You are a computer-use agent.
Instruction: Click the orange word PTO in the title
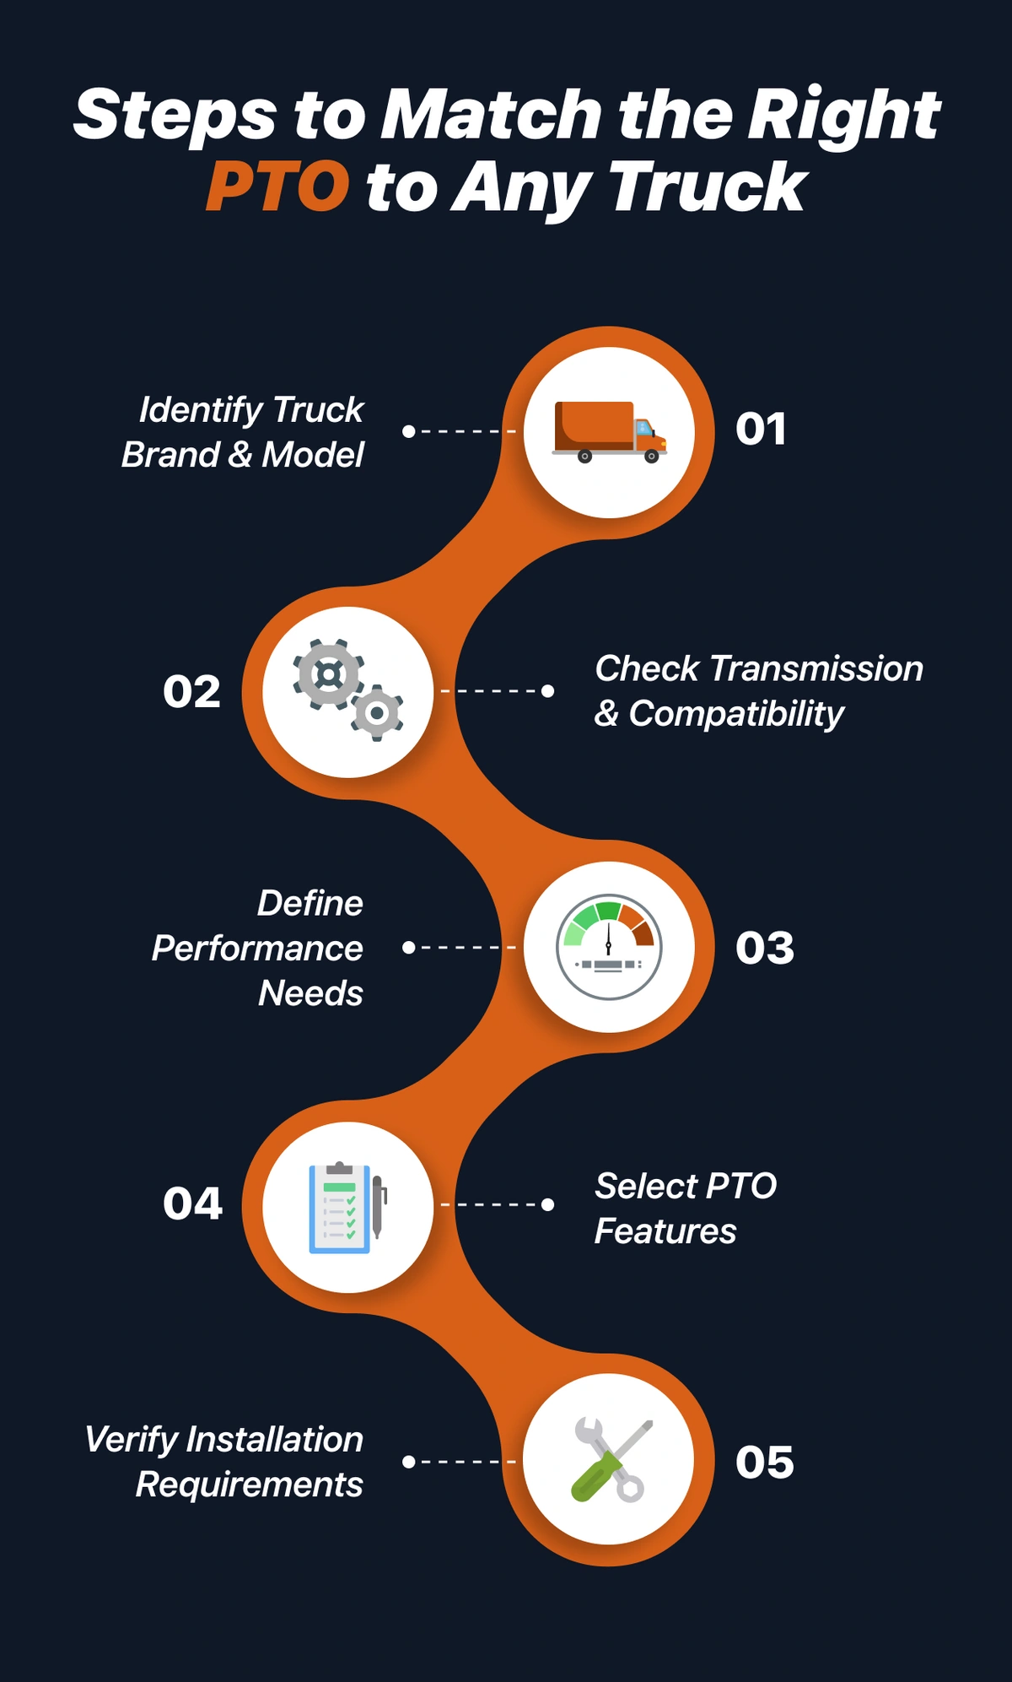(277, 187)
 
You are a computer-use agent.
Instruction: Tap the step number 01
(761, 430)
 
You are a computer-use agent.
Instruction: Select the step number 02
(192, 692)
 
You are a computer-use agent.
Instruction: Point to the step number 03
(765, 948)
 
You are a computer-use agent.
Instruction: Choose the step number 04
(193, 1203)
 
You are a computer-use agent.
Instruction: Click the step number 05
(765, 1463)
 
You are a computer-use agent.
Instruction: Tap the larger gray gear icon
(328, 673)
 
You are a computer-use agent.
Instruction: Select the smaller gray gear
(377, 714)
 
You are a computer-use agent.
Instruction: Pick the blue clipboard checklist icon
(339, 1208)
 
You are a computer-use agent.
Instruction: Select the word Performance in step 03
(257, 949)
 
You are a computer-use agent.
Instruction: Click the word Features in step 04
(665, 1231)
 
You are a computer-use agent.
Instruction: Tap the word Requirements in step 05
(250, 1485)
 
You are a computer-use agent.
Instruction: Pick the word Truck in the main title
(707, 187)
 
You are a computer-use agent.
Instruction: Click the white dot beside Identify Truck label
(409, 431)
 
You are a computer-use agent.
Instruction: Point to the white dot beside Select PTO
(547, 1204)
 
